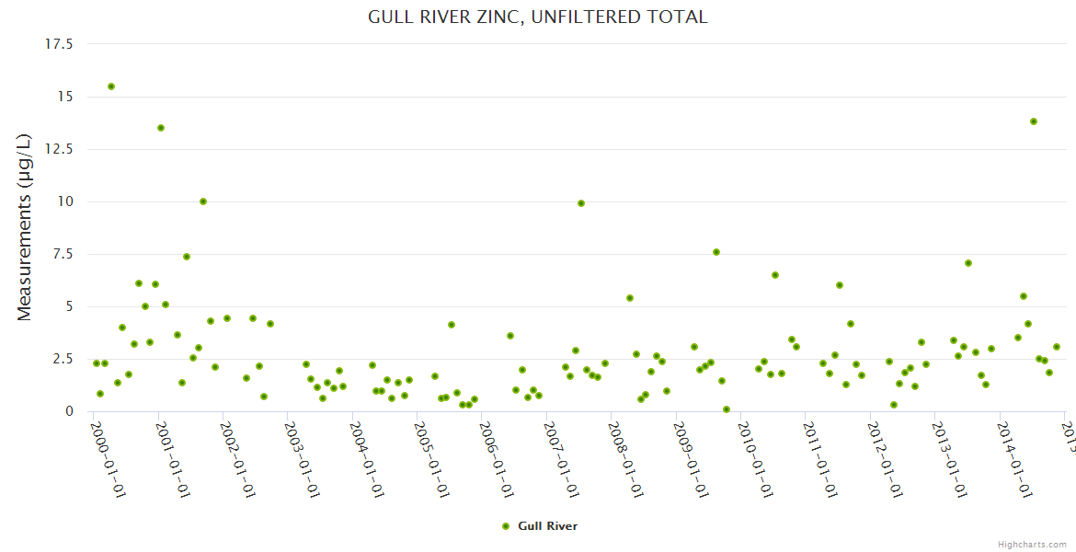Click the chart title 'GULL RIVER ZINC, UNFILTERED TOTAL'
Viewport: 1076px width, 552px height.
[538, 17]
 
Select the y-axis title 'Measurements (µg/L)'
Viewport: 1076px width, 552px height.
[25, 227]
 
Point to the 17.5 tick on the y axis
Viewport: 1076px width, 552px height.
[59, 44]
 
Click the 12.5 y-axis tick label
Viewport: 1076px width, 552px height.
[59, 149]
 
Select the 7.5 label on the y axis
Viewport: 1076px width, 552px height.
[63, 254]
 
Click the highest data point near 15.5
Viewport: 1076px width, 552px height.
[111, 86]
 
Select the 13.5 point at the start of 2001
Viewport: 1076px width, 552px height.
[161, 128]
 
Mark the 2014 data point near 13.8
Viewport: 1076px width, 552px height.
[1034, 121]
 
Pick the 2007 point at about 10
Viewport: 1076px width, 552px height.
[581, 203]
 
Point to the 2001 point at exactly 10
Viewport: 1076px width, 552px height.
[203, 201]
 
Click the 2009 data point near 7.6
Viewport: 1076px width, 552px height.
[716, 252]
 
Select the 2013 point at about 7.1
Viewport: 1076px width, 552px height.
[968, 263]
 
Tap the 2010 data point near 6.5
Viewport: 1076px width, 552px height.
[775, 275]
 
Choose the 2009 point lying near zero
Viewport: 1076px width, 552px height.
[727, 409]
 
